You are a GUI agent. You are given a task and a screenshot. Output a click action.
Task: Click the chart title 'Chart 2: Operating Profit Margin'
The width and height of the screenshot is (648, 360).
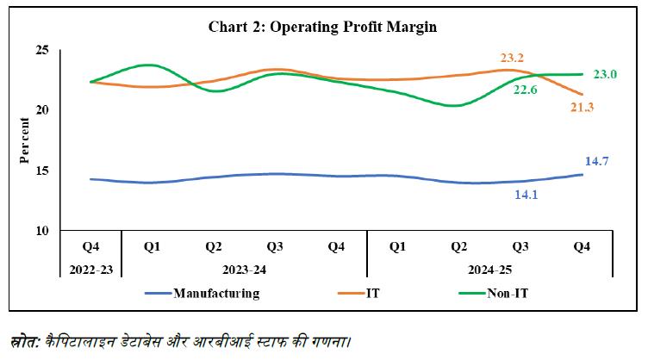point(323,27)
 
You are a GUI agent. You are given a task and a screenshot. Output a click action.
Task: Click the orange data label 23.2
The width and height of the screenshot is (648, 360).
point(512,59)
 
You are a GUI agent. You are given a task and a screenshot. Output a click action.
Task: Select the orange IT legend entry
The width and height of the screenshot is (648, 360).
point(362,293)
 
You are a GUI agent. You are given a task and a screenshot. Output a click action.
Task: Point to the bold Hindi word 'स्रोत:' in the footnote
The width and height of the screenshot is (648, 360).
point(26,339)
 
